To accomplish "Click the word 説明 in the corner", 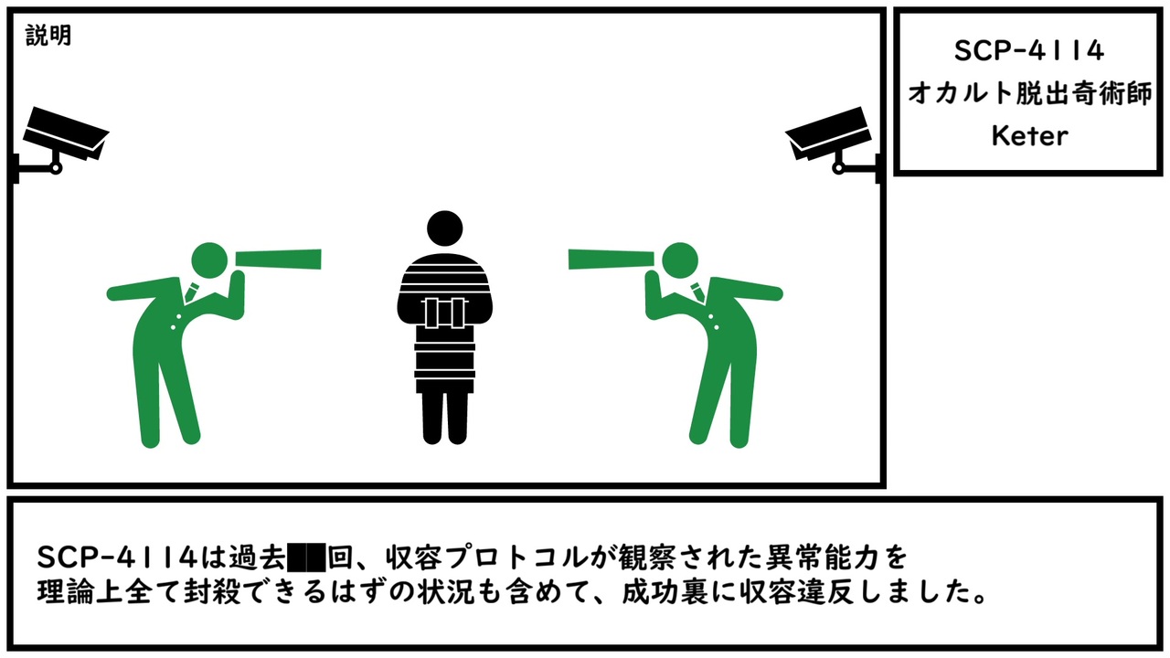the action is [x=48, y=36].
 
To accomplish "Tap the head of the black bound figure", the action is [x=444, y=228].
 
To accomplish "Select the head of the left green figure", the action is [x=209, y=260].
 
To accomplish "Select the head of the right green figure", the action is [x=680, y=260].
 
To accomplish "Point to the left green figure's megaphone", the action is [x=278, y=260].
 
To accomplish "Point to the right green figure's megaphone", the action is [x=612, y=260].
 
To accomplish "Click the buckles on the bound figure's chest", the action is [x=444, y=313].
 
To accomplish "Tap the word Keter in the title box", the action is [x=1029, y=136].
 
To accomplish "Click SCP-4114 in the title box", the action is [x=1029, y=51].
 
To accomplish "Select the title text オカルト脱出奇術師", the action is [x=1029, y=94].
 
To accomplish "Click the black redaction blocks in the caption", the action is [x=306, y=557].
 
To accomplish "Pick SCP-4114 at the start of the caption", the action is [x=118, y=557].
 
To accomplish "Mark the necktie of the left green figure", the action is [x=191, y=292].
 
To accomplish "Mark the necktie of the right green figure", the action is [x=697, y=292].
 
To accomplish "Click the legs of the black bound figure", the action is [x=444, y=418].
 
